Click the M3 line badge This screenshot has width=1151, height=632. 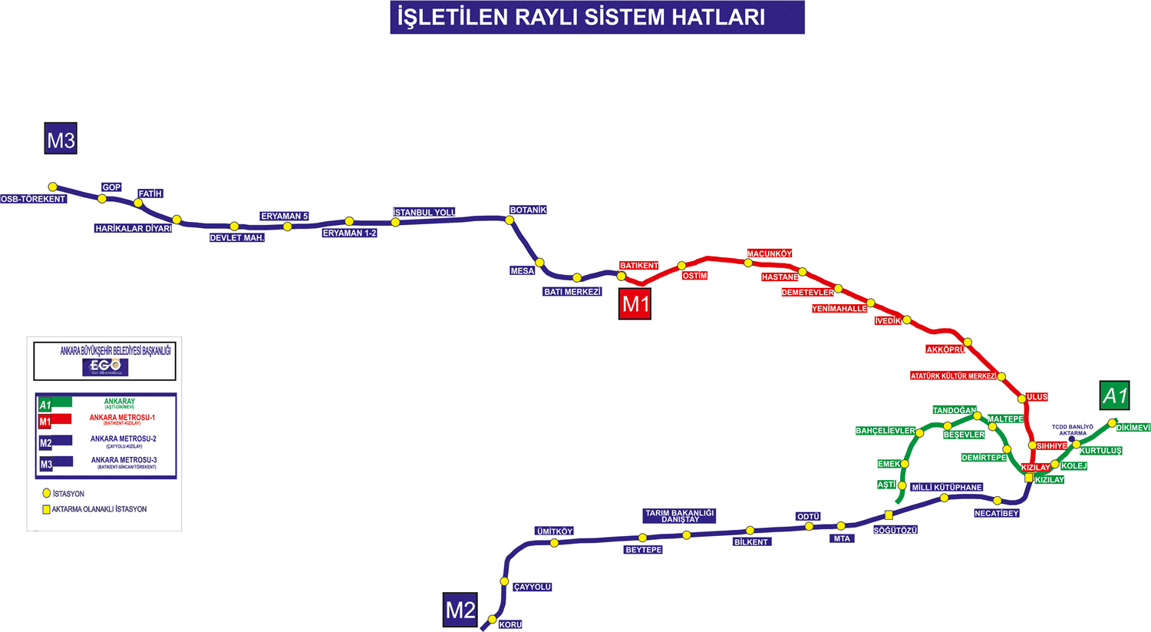click(x=61, y=140)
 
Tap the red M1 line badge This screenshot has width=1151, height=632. click(x=635, y=304)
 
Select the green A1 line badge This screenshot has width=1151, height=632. click(x=1114, y=396)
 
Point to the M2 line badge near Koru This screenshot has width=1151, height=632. click(x=460, y=610)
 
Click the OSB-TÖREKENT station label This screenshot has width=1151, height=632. click(x=33, y=199)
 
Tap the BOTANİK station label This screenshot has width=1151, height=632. click(x=528, y=210)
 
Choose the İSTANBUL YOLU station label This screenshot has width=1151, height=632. click(x=424, y=212)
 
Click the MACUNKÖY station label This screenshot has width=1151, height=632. click(x=770, y=253)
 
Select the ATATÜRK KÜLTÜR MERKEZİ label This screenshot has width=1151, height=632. click(x=953, y=376)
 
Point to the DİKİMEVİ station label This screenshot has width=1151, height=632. click(x=1133, y=428)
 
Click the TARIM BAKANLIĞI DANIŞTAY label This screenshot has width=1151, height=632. click(x=680, y=516)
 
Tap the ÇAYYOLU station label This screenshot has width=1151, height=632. click(x=533, y=587)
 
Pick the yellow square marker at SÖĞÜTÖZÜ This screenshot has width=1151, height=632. click(x=889, y=515)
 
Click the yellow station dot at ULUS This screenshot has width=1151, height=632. click(x=1021, y=399)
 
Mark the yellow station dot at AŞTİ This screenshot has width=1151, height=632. click(x=902, y=486)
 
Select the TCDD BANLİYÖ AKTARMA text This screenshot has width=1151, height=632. click(x=1072, y=430)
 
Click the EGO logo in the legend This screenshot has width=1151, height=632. click(x=105, y=367)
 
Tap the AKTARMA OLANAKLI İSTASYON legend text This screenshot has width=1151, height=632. click(x=99, y=509)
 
